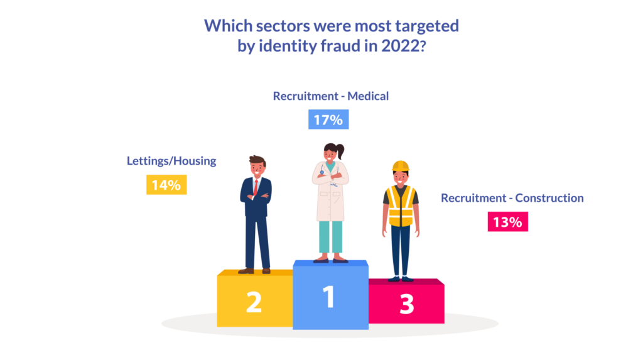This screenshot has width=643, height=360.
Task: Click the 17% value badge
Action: [328, 119]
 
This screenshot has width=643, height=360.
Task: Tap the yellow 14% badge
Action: [166, 185]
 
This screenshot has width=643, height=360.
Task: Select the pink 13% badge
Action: [507, 222]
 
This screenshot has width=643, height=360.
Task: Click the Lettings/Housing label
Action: [171, 161]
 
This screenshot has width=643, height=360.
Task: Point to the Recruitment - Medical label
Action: [331, 96]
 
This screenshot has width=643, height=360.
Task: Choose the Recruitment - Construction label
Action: [512, 198]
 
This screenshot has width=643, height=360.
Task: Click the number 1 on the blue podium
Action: [329, 297]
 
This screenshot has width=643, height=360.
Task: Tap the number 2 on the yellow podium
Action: [253, 302]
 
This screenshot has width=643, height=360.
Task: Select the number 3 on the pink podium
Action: [407, 304]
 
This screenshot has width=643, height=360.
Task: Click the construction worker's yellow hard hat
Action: [401, 166]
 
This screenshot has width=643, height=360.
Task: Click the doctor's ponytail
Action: [341, 151]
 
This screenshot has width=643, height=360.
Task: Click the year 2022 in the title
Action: [397, 45]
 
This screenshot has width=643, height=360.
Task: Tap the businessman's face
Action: [257, 168]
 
